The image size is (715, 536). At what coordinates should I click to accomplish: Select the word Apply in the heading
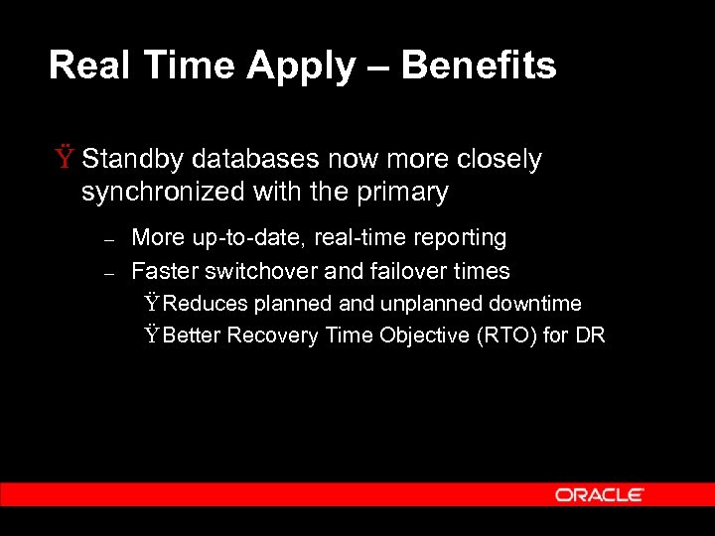300,66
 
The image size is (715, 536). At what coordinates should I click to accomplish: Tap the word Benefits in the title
479,66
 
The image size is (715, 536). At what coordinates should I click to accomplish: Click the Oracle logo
600,494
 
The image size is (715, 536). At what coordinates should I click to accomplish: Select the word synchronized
157,192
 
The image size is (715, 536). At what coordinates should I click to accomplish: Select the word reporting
457,238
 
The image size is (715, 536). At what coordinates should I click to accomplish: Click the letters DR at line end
590,335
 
